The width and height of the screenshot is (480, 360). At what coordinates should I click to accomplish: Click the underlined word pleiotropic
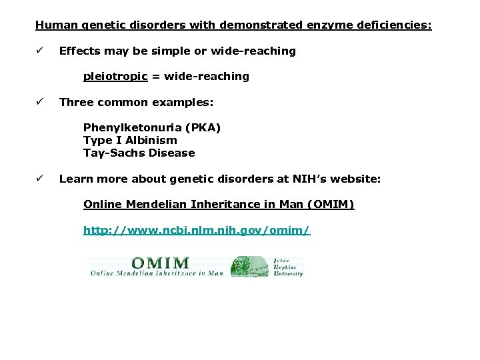tap(115, 77)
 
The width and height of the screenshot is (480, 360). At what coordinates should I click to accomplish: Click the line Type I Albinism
tap(130, 140)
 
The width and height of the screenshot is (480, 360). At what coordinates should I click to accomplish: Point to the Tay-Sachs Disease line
tap(139, 153)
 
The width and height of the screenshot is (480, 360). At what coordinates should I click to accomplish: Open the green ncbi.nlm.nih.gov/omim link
tap(196, 230)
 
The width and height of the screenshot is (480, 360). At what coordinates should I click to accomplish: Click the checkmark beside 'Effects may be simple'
tap(40, 51)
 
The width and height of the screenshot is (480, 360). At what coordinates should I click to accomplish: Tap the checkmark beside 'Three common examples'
tap(40, 102)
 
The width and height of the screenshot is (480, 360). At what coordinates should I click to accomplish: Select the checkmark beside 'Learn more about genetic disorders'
tap(40, 179)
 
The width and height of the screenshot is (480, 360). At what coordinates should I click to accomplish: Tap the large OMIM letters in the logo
tap(160, 264)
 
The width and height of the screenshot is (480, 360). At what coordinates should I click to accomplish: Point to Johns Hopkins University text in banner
tap(287, 266)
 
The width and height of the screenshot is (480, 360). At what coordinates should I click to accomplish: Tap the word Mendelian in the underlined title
tap(149, 204)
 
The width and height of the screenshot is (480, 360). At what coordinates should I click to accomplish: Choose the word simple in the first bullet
tap(179, 51)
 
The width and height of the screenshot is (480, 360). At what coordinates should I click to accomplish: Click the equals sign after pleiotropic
tap(156, 77)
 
